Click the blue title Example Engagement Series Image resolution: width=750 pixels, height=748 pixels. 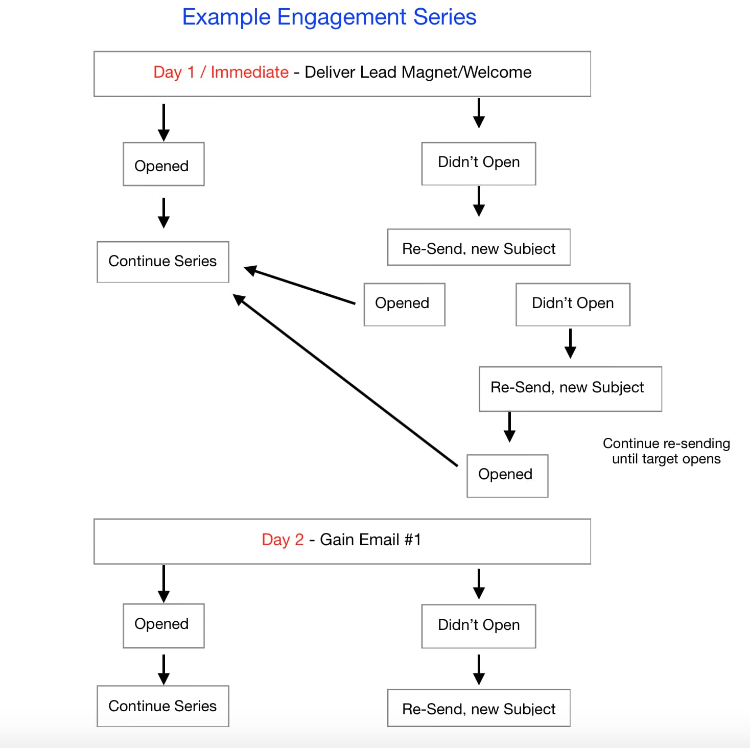click(x=329, y=17)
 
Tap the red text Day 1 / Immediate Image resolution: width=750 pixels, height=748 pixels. click(x=221, y=73)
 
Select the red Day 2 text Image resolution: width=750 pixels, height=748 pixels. click(x=282, y=540)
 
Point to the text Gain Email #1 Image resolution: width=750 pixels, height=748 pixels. click(x=370, y=540)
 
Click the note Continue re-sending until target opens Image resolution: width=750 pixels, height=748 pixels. click(x=666, y=451)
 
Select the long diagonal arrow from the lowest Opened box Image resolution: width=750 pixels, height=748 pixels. click(x=345, y=380)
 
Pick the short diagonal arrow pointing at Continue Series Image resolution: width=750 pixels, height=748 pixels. click(x=300, y=286)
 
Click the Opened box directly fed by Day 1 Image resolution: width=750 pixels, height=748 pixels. click(x=163, y=165)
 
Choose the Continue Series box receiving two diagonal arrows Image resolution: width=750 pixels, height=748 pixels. click(x=163, y=262)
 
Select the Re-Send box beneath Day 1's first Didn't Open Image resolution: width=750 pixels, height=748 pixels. click(x=478, y=248)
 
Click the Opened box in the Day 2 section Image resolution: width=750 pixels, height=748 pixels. click(x=163, y=625)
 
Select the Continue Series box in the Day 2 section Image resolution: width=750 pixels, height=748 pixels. click(x=163, y=706)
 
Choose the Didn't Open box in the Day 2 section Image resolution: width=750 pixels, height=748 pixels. click(x=478, y=626)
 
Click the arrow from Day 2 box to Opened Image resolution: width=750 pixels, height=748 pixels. click(x=163, y=583)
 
